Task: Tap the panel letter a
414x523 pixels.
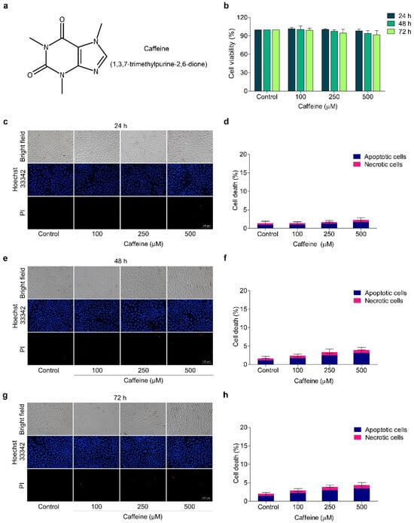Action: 7,7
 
